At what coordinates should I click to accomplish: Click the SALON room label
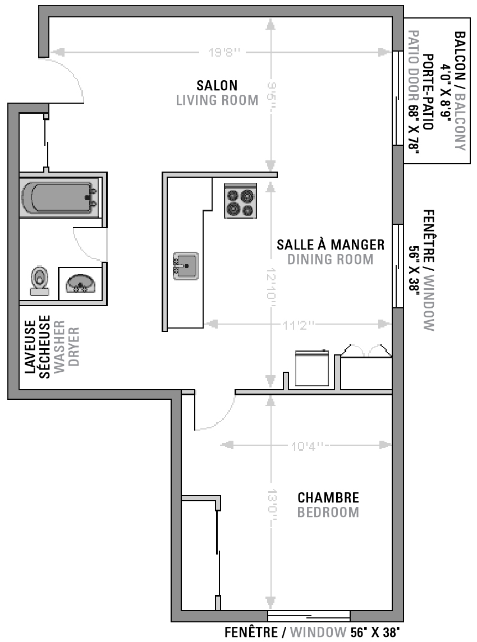coord(217,86)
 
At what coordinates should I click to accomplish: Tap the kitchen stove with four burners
coord(241,200)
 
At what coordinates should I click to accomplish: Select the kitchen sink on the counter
coord(186,266)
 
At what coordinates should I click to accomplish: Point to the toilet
coord(39,281)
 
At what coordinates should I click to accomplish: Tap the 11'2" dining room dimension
coord(299,325)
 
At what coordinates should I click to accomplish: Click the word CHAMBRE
coord(328,497)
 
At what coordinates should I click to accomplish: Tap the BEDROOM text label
coord(328,512)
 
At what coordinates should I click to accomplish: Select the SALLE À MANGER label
coord(331,244)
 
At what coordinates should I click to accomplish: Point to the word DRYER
coord(74,347)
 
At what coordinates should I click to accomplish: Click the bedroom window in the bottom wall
coord(309,616)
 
